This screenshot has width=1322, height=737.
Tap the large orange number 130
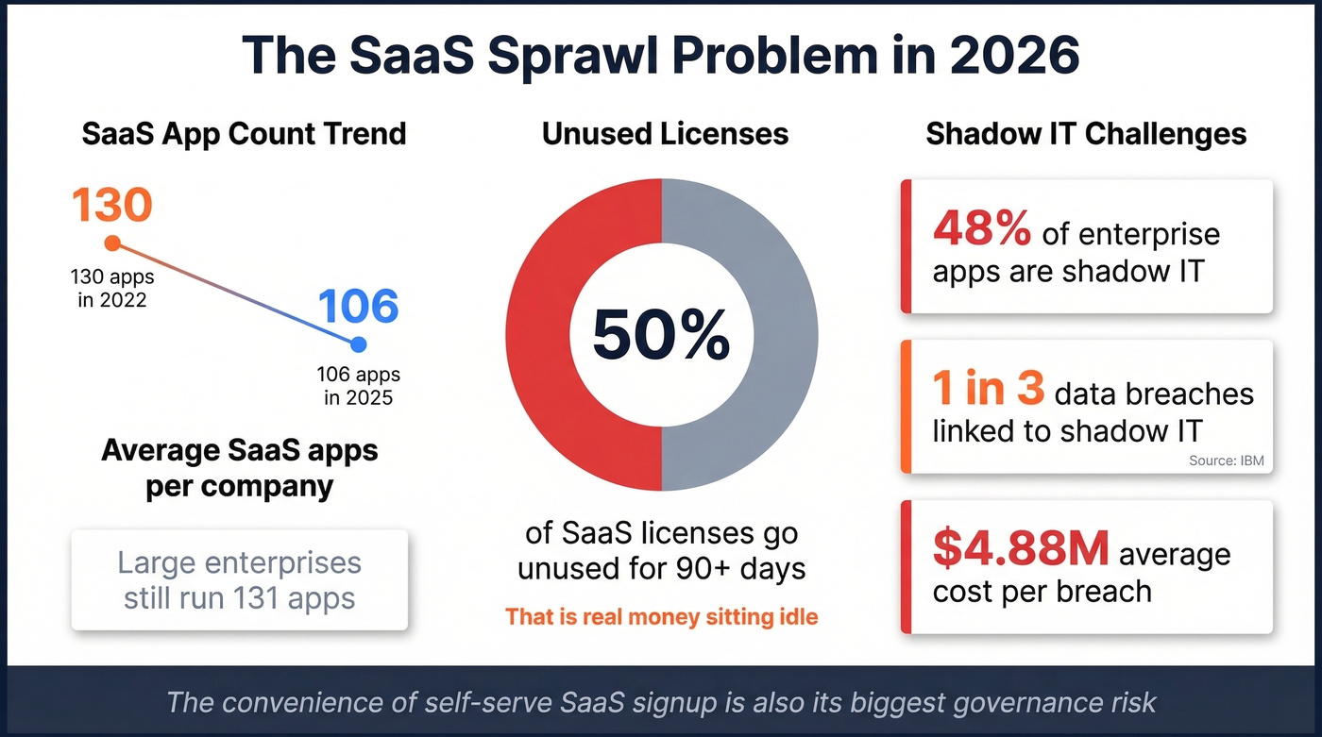point(110,205)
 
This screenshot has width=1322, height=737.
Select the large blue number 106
point(358,307)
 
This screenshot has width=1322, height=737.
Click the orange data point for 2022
point(112,243)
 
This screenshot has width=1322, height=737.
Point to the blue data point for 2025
point(358,344)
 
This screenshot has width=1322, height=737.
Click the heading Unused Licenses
point(665,134)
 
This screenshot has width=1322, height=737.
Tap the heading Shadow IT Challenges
point(1086,134)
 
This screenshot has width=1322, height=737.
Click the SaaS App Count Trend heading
point(244,134)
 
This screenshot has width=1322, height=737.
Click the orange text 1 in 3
point(988,391)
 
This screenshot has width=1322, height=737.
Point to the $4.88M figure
point(1021,550)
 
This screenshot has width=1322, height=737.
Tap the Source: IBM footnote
point(1226,461)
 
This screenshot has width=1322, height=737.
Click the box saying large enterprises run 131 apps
point(240,579)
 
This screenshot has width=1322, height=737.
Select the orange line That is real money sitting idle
point(661,617)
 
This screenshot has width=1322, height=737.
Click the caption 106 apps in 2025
point(358,386)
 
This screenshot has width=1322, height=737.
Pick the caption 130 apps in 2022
point(112,289)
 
